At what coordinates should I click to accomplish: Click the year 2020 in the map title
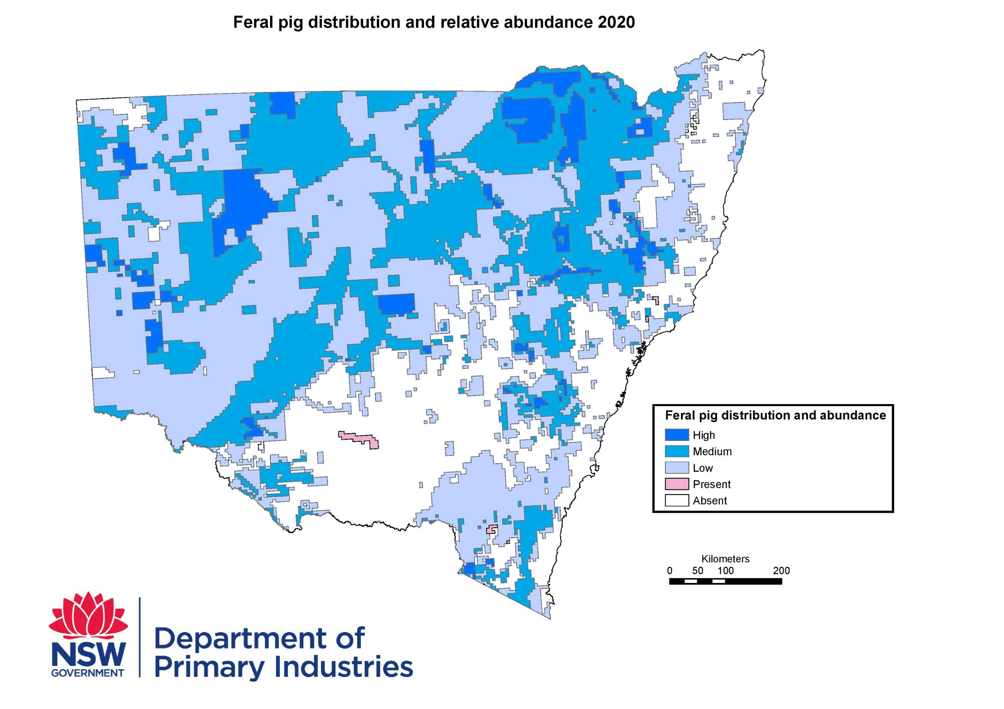click(616, 22)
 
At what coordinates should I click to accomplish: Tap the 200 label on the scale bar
click(781, 571)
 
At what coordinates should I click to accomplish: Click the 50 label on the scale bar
click(697, 571)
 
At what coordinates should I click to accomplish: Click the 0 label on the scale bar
click(669, 571)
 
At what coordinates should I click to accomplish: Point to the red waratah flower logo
click(89, 615)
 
